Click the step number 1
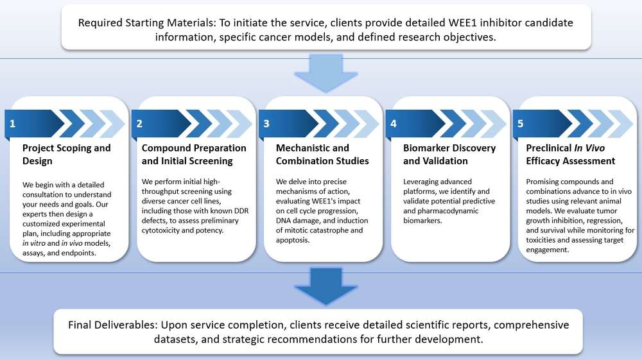tap(12, 124)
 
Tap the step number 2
tap(139, 124)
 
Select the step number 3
tap(266, 124)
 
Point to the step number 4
tap(393, 124)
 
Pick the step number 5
tap(520, 124)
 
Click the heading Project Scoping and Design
tap(67, 155)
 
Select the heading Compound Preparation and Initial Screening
tap(194, 155)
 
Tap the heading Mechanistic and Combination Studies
tap(322, 155)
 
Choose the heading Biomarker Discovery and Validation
tap(449, 155)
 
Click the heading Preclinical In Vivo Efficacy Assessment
tap(571, 155)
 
